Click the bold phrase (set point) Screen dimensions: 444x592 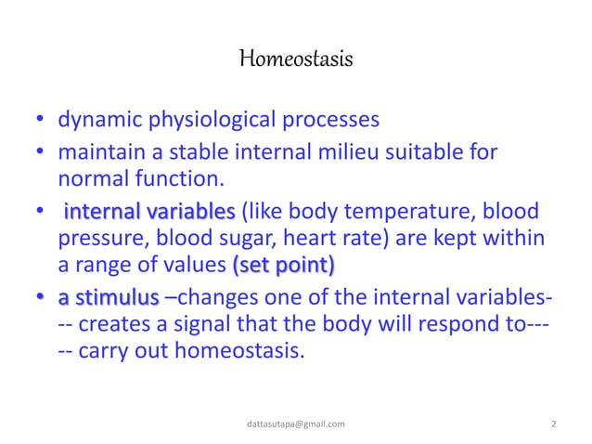click(283, 267)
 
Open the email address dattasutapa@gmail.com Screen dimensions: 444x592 click(296, 424)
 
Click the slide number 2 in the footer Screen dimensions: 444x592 click(554, 424)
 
